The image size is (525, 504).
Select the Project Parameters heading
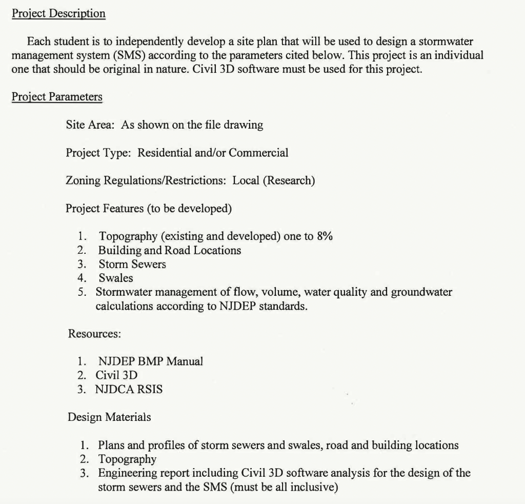(57, 97)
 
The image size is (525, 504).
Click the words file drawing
(236, 125)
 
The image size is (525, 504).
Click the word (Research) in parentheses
(289, 180)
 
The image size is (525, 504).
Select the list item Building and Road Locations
(170, 250)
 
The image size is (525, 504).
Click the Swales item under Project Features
(115, 278)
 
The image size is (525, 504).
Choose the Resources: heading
(94, 334)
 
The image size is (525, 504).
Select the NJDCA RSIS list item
(129, 389)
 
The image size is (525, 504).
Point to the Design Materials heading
(109, 417)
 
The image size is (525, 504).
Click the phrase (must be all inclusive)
(284, 487)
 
